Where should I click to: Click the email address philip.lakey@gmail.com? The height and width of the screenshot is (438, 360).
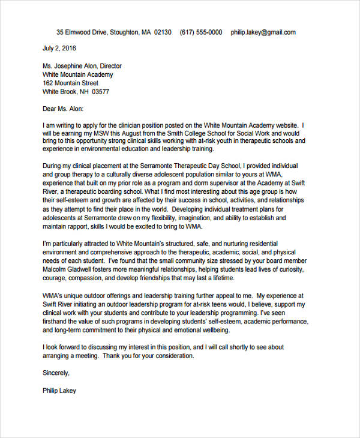(x=263, y=32)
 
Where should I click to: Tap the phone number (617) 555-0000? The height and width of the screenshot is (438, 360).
(x=200, y=32)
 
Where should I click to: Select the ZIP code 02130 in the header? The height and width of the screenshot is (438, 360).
(x=163, y=32)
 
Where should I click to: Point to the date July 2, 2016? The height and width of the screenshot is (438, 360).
(x=60, y=47)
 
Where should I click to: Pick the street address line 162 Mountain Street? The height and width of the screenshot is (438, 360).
(x=71, y=83)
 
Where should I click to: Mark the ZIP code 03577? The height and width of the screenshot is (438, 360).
(x=99, y=92)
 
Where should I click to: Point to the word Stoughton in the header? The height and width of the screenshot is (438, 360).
(x=122, y=32)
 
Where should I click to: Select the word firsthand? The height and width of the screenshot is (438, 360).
(x=57, y=322)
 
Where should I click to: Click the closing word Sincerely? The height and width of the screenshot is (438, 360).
(x=56, y=373)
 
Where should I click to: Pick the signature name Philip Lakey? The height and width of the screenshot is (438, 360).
(x=60, y=390)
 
